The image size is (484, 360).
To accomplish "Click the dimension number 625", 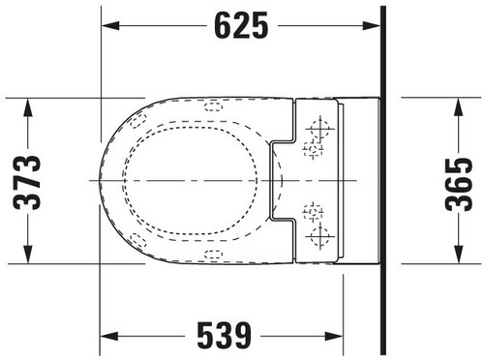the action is tap(241, 25).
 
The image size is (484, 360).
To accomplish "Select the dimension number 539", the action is tap(224, 336).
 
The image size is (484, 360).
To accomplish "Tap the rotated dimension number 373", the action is tap(27, 183).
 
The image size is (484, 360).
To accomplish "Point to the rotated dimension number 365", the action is tap(458, 184).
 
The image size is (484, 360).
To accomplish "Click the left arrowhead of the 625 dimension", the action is tap(110, 26).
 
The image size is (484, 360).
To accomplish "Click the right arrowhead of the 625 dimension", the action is tap(372, 26).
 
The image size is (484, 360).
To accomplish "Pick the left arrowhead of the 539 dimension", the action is tap(108, 336).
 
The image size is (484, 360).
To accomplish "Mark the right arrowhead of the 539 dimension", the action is tap(334, 336).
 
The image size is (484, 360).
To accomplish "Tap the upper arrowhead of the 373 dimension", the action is tap(28, 106).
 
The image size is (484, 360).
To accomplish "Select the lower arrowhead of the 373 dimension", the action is tap(28, 255).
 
